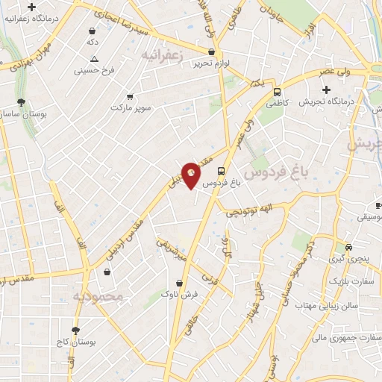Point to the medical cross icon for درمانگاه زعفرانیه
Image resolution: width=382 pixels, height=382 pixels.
[32, 6]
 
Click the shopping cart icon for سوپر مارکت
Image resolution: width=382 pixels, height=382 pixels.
[130, 96]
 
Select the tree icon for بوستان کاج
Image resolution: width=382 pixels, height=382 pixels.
[75, 329]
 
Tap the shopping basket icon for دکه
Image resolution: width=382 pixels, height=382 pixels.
[92, 31]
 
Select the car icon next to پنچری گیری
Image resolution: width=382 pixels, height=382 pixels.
[348, 247]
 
